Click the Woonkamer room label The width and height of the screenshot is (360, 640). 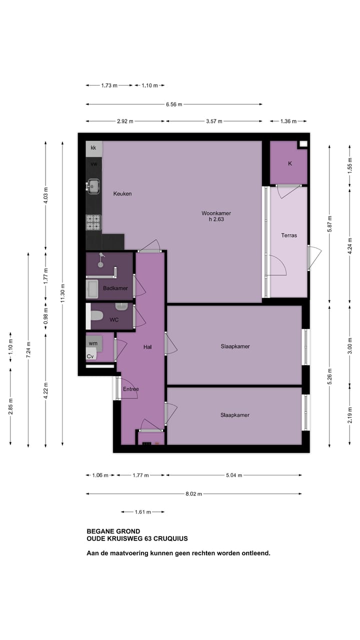(216, 213)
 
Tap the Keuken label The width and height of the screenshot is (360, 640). (122, 193)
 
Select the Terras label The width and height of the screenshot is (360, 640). (289, 235)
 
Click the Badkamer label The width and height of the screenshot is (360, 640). (115, 288)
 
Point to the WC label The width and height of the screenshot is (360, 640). (114, 319)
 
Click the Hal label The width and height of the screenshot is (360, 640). (147, 347)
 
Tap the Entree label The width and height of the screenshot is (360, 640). (131, 389)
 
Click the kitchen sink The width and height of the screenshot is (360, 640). (93, 186)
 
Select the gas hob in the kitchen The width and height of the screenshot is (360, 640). (93, 222)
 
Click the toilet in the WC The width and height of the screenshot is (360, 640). (96, 316)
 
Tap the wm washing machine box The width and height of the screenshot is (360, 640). (93, 343)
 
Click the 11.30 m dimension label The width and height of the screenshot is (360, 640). (63, 293)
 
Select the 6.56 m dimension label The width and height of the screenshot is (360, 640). (174, 104)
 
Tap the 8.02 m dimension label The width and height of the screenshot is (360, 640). (193, 493)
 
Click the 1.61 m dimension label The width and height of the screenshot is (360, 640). (143, 512)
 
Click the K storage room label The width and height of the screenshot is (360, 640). (290, 163)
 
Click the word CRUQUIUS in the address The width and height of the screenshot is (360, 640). (170, 538)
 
